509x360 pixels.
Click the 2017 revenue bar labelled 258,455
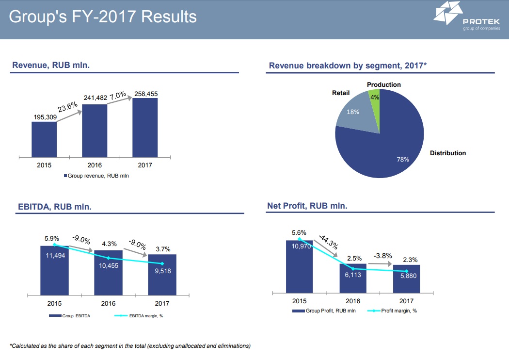(145, 128)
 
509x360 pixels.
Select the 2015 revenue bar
(44, 139)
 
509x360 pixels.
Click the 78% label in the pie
(403, 159)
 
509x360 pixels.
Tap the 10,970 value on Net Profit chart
(302, 246)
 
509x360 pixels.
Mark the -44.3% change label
(328, 241)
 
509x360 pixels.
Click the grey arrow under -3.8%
(380, 263)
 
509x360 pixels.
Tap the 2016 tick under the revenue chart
(94, 165)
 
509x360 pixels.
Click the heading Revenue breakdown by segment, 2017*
(348, 65)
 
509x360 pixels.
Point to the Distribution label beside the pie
(448, 153)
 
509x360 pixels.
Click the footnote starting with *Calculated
(130, 346)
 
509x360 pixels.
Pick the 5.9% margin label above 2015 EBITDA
(51, 239)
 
